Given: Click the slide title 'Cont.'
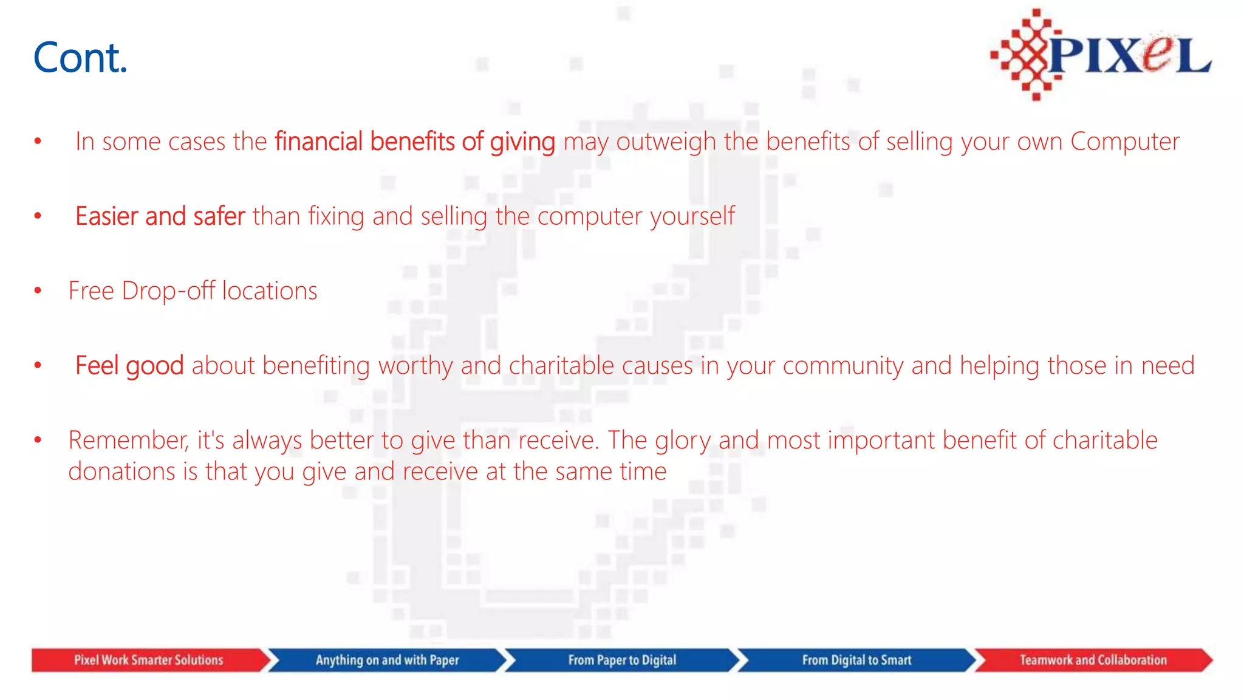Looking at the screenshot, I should [x=80, y=58].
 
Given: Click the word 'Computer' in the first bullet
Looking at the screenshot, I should [x=1124, y=142].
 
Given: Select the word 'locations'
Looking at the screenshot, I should [x=269, y=291].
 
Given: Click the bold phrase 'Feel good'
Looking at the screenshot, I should [x=129, y=366].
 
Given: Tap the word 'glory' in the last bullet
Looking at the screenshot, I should [x=682, y=441].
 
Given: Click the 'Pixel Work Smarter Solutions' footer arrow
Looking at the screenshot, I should [x=149, y=660].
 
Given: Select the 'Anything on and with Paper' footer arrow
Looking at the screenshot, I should [x=387, y=660].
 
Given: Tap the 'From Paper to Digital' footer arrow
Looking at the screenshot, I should [x=622, y=660].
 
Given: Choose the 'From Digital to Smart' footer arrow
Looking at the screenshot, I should [x=856, y=660].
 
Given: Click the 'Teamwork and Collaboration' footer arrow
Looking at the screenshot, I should [x=1093, y=660].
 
